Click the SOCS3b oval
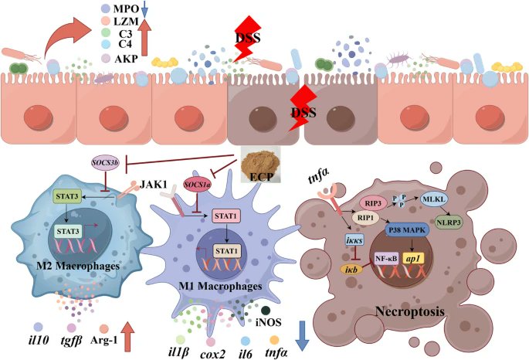[103, 162]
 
